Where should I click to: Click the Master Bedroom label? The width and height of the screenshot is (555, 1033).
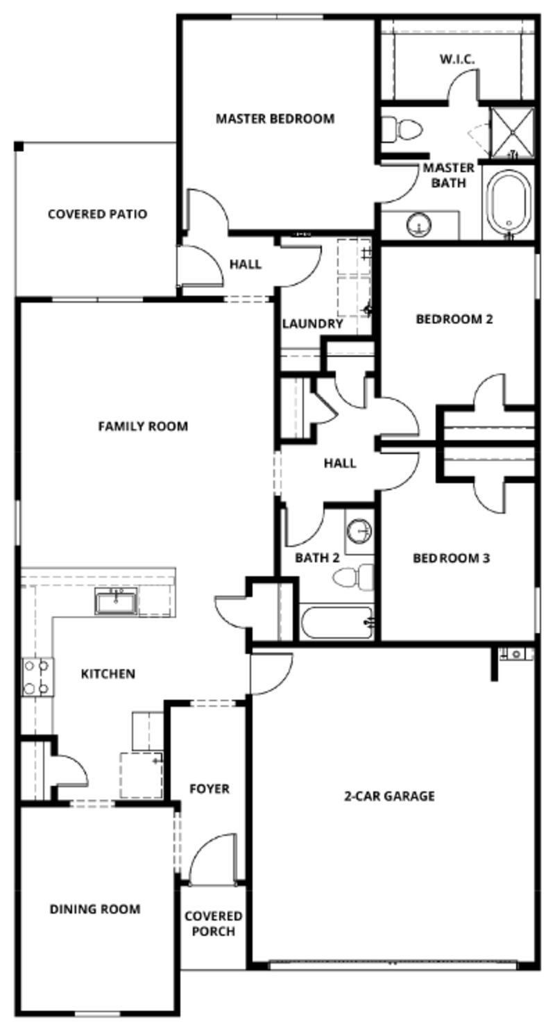click(275, 119)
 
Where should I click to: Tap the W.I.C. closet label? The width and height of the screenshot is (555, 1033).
click(457, 59)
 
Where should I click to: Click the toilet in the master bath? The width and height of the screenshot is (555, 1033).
click(403, 129)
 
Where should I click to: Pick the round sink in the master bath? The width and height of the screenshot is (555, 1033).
click(419, 224)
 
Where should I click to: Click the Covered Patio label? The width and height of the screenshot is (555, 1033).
click(97, 214)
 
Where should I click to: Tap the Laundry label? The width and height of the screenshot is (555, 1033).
click(312, 324)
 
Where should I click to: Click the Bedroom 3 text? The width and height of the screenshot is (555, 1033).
click(451, 557)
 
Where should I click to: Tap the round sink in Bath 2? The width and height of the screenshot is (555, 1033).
click(359, 532)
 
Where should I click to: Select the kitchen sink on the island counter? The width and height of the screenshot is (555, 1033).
click(116, 601)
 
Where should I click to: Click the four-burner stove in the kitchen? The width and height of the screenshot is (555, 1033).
click(37, 677)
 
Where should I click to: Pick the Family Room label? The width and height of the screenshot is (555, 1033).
click(143, 426)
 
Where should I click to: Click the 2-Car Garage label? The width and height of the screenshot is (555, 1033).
click(389, 796)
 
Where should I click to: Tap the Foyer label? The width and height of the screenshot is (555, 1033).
click(209, 789)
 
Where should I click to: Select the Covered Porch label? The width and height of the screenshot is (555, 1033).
click(214, 924)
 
